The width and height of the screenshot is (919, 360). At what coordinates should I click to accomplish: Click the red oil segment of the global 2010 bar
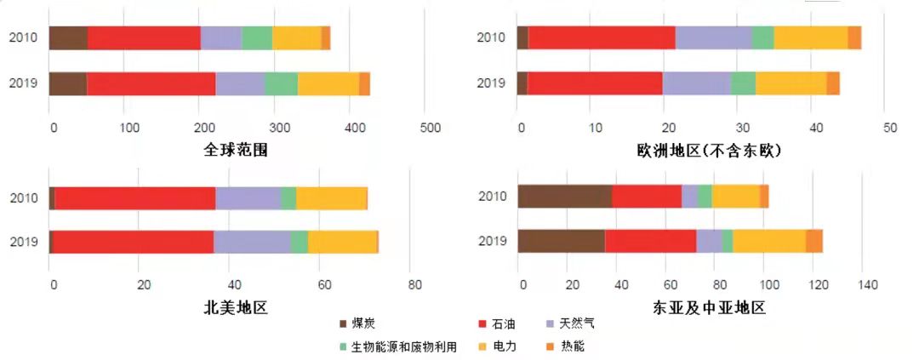pos(144,38)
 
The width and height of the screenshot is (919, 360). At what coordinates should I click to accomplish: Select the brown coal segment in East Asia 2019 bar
pos(561,241)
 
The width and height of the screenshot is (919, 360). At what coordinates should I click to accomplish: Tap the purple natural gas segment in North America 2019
pos(252,242)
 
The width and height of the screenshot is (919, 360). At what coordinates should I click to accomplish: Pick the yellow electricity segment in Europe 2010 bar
pos(810,38)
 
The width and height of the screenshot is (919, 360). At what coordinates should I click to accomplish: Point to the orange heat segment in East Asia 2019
pos(814,241)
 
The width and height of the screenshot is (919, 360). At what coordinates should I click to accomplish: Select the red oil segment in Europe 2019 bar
pos(595,83)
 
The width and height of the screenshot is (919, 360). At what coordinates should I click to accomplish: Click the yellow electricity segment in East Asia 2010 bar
pos(736,196)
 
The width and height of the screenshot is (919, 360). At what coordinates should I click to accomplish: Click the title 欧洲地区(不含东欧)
pos(708,150)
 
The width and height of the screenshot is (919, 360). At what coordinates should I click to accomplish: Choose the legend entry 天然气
pos(571,324)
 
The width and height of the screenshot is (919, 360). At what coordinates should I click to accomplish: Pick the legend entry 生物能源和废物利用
pos(398,346)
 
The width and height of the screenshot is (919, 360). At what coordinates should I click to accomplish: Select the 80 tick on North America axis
pos(410,284)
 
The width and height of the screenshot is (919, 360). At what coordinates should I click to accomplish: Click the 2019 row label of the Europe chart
pos(491,83)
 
